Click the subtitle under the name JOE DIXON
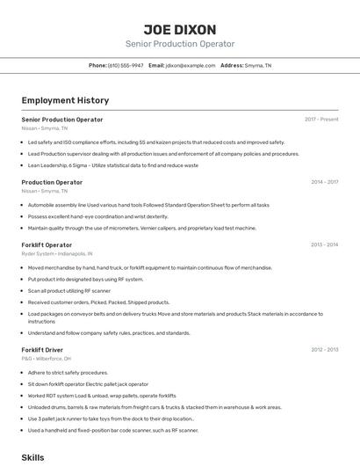[180, 44]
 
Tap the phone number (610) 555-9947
[126, 65]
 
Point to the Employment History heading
[65, 100]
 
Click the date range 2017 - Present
[321, 120]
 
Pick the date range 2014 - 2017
[324, 182]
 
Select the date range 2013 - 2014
[324, 244]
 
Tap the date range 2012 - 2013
[324, 350]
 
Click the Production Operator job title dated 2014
[52, 182]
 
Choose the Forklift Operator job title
[47, 244]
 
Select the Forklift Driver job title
[42, 350]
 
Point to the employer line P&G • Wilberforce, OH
[46, 359]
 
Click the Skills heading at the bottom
[32, 458]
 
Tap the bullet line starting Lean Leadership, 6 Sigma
[113, 164]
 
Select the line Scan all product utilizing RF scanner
[69, 290]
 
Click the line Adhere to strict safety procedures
[68, 372]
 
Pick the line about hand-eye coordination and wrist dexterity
[97, 216]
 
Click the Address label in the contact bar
[232, 65]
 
